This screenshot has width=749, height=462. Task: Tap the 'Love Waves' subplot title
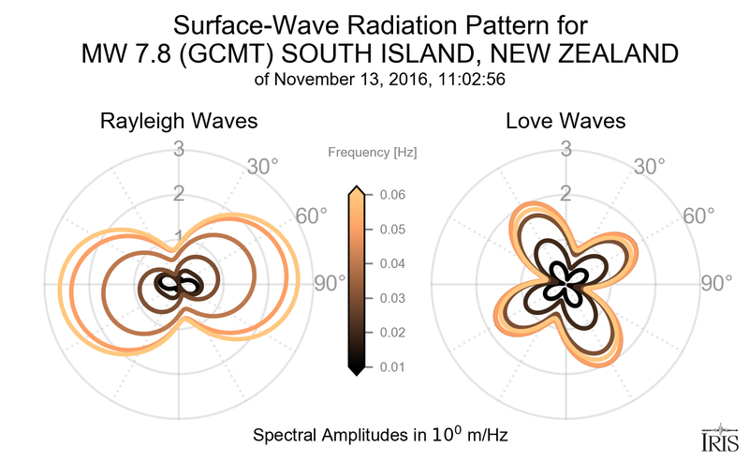click(565, 122)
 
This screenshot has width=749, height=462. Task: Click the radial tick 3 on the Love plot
click(565, 148)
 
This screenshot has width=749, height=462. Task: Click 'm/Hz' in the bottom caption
click(484, 436)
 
